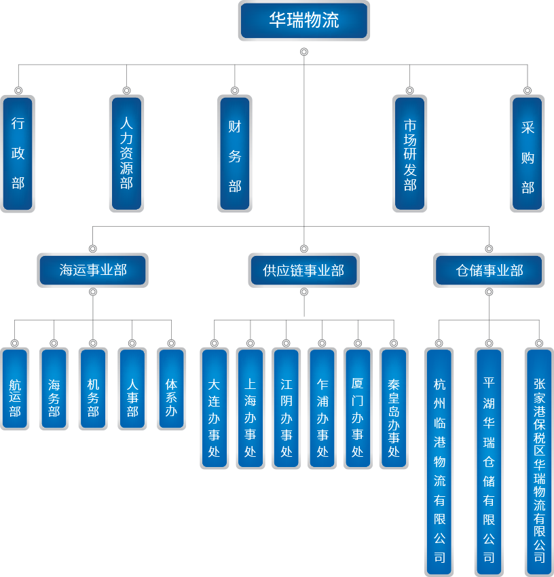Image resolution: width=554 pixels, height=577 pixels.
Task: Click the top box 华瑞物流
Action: (303, 20)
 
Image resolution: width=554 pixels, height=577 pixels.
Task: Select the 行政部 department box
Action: (18, 153)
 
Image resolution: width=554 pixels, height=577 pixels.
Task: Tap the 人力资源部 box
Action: (126, 153)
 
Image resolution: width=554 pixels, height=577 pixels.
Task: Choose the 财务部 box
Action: (235, 153)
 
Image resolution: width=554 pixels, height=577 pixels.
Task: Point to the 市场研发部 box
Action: (410, 153)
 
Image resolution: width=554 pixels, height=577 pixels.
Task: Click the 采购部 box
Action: (528, 153)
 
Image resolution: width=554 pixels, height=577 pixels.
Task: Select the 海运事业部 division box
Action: (93, 270)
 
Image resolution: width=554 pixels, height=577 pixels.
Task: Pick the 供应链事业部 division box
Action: (303, 270)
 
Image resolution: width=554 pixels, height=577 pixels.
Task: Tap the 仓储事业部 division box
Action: (489, 270)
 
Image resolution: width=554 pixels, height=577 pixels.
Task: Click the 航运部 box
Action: (15, 389)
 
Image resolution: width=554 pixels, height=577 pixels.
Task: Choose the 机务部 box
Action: (93, 389)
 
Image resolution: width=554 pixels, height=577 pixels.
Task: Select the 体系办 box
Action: (171, 389)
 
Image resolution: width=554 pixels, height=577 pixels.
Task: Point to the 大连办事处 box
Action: (215, 409)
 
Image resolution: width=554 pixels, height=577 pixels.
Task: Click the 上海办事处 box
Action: (251, 409)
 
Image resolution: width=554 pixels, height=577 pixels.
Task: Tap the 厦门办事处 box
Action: (358, 409)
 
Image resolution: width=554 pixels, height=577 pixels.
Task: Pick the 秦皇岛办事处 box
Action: (394, 409)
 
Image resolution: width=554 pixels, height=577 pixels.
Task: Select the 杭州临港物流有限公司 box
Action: (439, 462)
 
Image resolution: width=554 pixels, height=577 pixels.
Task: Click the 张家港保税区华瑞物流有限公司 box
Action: (539, 462)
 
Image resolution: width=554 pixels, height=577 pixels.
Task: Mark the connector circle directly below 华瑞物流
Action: (304, 52)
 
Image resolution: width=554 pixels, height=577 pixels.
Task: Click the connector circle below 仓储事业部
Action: (489, 292)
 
